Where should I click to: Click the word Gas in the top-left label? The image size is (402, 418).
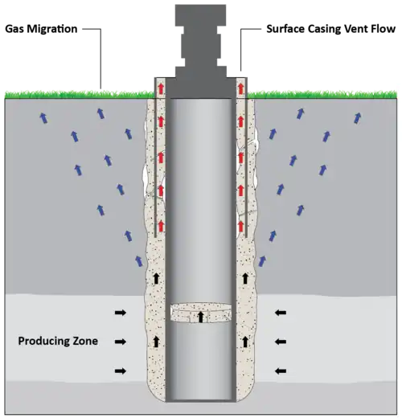point(14,29)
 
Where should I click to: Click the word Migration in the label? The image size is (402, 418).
point(52,29)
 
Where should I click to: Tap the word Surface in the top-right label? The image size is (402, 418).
point(285,29)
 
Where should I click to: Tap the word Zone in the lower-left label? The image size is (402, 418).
point(81,341)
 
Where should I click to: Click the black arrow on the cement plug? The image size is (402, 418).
point(200,317)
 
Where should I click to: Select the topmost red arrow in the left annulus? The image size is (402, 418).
point(161,88)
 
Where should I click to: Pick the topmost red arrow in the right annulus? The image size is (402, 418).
point(241,88)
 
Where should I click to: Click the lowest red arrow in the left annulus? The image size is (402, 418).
point(161,226)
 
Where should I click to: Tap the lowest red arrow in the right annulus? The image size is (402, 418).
point(241,226)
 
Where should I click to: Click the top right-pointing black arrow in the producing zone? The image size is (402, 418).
point(121,313)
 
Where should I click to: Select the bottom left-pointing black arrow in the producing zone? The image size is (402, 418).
point(281,371)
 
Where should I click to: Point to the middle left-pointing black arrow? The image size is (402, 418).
point(281,342)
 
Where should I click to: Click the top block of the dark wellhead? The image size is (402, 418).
point(200,15)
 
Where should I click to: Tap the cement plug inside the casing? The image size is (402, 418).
point(201,313)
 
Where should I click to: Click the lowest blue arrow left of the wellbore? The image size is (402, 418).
point(139,261)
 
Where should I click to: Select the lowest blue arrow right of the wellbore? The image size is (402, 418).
point(262,261)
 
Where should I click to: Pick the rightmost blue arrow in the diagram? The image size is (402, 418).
point(358,118)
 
